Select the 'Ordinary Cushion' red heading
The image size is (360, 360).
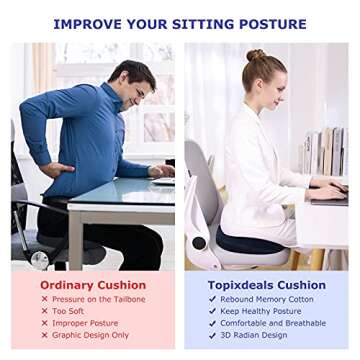coord(93,285)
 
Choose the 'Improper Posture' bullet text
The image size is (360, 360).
coord(86,323)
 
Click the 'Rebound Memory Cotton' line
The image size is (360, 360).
coord(266,299)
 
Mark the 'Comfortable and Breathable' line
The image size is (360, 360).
coord(273,323)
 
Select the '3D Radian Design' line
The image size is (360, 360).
coord(255,335)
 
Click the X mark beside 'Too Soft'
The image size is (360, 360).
coord(44,311)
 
